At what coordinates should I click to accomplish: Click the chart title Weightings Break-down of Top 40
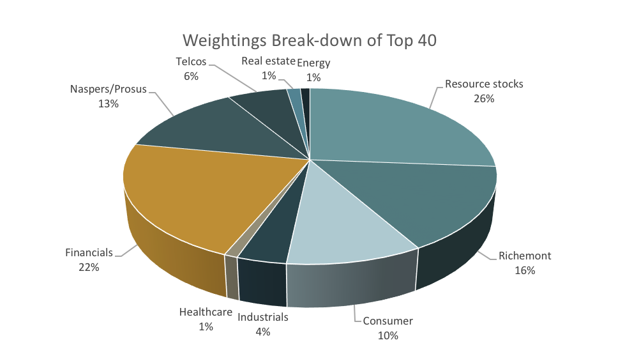tap(310, 40)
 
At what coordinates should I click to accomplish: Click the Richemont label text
tap(524, 256)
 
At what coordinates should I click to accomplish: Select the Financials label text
tap(89, 253)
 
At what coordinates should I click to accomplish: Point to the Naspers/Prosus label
tap(108, 89)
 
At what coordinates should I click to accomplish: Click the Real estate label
tap(268, 62)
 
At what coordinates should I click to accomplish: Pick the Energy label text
tap(314, 62)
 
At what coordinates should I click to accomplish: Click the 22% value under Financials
tap(89, 267)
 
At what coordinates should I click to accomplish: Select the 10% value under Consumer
tap(388, 335)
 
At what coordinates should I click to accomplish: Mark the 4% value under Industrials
tap(263, 331)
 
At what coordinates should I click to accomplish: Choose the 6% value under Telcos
tap(191, 76)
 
